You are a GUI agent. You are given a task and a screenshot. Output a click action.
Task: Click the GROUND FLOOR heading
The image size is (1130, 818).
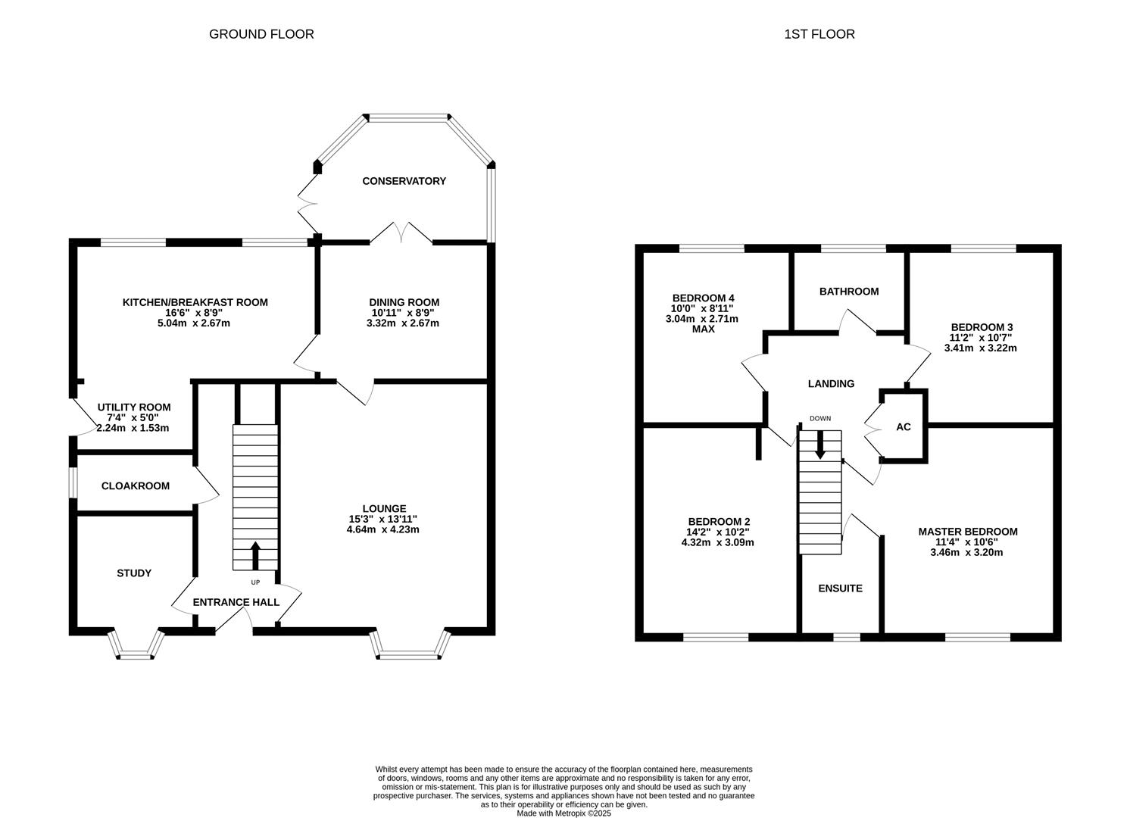pyautogui.click(x=261, y=34)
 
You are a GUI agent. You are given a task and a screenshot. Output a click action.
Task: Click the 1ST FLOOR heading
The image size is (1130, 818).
pyautogui.click(x=820, y=34)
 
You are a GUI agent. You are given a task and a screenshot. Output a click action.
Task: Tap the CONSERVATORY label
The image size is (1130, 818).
pyautogui.click(x=404, y=181)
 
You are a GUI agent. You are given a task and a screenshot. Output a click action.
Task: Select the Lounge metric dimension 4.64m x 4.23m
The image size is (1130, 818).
pyautogui.click(x=382, y=529)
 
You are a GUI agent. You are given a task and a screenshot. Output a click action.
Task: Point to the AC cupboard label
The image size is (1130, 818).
pyautogui.click(x=903, y=427)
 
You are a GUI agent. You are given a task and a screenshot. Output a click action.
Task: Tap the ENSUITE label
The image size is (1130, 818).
pyautogui.click(x=840, y=589)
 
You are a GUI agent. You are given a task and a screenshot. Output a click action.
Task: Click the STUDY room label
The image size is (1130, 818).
pyautogui.click(x=134, y=573)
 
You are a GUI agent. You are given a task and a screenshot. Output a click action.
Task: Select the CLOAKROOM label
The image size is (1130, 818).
pyautogui.click(x=136, y=486)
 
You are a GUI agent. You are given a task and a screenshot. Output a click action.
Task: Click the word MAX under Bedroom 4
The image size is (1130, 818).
pyautogui.click(x=703, y=329)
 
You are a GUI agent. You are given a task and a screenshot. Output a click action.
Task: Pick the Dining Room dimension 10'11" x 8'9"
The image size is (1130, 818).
pyautogui.click(x=404, y=313)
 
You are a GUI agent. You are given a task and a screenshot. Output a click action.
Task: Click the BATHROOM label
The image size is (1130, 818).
pyautogui.click(x=849, y=292)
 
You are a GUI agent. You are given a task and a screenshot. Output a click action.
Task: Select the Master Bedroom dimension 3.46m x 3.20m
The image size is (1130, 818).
pyautogui.click(x=966, y=553)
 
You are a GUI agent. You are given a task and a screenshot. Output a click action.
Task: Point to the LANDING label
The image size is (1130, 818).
pyautogui.click(x=831, y=384)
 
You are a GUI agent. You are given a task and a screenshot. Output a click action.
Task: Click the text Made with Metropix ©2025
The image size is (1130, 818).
pyautogui.click(x=563, y=813)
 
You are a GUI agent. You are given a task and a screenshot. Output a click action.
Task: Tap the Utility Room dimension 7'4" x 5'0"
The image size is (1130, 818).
pyautogui.click(x=133, y=417)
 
